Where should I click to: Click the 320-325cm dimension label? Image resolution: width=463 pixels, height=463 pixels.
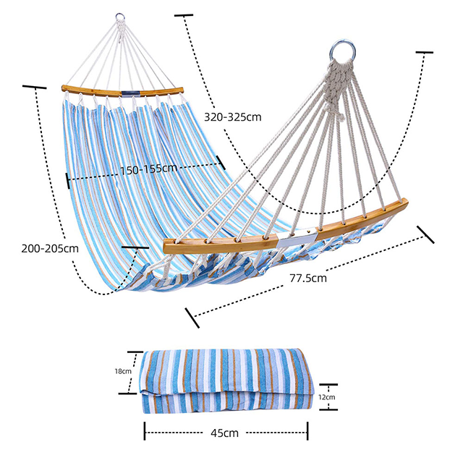click(232, 116)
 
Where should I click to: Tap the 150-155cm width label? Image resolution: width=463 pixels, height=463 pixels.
click(148, 168)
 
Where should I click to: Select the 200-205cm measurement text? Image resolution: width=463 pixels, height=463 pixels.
click(50, 248)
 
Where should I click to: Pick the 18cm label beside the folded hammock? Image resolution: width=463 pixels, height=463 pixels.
click(123, 371)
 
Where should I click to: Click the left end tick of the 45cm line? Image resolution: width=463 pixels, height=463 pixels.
click(145, 433)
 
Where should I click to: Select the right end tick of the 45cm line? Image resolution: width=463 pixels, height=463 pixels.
click(308, 433)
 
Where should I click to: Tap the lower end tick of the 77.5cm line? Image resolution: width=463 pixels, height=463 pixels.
click(192, 316)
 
